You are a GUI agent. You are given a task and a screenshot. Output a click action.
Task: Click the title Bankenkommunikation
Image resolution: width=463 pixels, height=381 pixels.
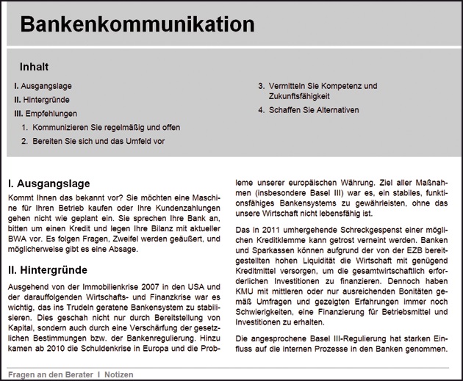click(x=137, y=24)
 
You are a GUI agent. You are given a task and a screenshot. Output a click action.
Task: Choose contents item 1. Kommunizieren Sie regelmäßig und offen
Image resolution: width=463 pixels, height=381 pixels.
click(x=101, y=127)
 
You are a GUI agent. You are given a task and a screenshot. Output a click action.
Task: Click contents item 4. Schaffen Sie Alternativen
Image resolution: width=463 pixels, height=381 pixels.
click(x=309, y=110)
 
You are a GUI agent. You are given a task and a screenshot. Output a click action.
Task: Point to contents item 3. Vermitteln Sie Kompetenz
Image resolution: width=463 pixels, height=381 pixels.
click(x=317, y=86)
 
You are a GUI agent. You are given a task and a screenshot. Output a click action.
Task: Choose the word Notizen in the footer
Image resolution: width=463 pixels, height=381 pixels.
click(x=119, y=374)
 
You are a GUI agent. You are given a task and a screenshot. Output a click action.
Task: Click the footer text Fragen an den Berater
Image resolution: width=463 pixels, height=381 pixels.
click(x=50, y=374)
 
